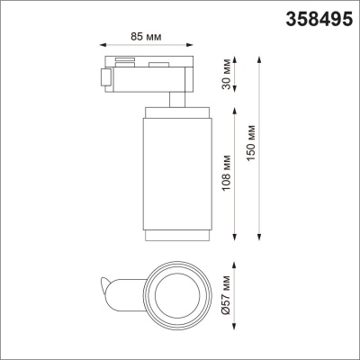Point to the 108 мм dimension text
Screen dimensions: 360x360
click(226, 171)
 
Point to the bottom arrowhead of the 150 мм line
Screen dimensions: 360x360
click(262, 238)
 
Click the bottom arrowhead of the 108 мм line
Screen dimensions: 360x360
click(235, 238)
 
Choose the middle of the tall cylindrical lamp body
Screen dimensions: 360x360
click(176, 171)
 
